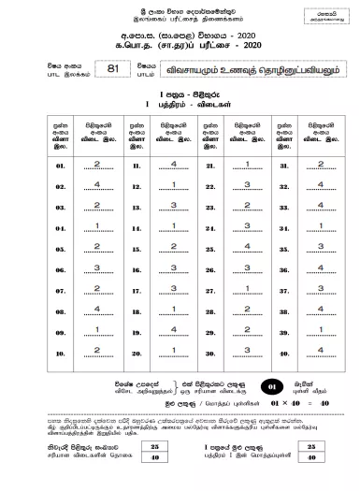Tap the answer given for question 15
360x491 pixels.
tap(173, 247)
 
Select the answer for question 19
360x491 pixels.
tap(173, 330)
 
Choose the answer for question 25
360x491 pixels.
tap(247, 247)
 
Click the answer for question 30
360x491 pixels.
tap(247, 351)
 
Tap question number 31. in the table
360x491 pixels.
tap(282, 165)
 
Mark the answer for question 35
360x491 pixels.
tap(321, 247)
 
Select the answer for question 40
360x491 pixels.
tap(321, 351)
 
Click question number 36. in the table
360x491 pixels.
tap(282, 268)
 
